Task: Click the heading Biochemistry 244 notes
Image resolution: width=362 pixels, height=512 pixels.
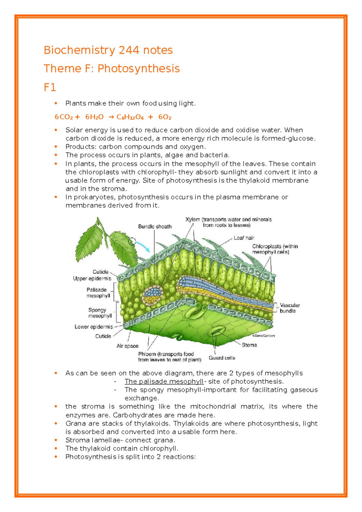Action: coord(108,50)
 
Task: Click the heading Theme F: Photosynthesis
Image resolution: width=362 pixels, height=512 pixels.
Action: coord(112,69)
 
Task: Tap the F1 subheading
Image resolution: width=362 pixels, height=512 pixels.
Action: coord(50,88)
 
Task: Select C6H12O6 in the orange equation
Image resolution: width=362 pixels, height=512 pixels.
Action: coord(130,117)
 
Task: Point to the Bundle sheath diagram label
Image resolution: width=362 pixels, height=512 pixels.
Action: coord(155,226)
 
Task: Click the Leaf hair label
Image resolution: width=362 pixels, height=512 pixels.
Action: coord(244,238)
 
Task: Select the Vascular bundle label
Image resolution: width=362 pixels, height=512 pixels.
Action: coord(289,308)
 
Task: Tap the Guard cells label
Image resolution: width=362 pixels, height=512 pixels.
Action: coord(222,358)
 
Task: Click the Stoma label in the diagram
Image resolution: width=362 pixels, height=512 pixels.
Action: coord(249,345)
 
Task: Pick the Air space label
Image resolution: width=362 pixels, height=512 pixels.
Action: coord(127,346)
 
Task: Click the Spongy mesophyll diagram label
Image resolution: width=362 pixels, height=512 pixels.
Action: coord(100,313)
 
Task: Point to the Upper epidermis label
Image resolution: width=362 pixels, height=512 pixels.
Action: coord(92,278)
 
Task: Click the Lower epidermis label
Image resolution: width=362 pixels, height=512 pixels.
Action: coord(94,327)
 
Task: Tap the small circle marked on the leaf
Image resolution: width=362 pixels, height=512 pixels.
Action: coord(132,241)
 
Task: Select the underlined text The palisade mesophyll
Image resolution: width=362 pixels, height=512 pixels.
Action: coord(164,382)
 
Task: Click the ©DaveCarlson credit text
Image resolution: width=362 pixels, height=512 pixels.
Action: coord(263,335)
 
